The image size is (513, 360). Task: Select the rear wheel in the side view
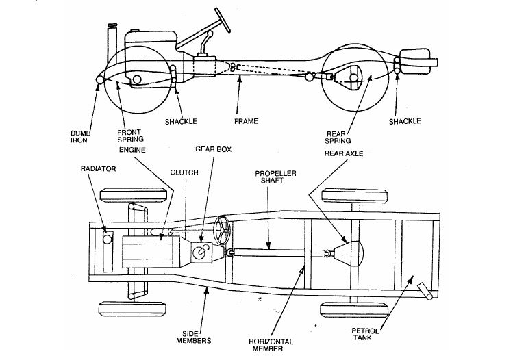tap(352, 79)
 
